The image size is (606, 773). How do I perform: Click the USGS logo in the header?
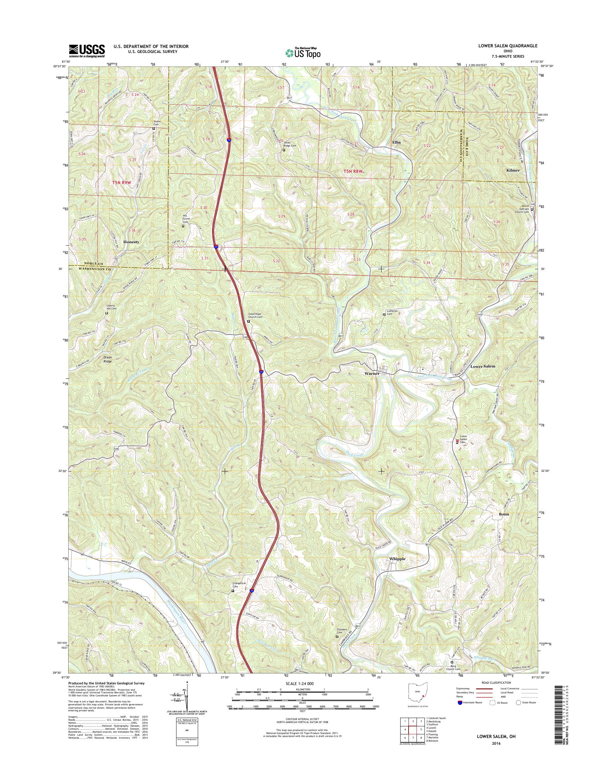[87, 51]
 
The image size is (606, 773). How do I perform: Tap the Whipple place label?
[397, 558]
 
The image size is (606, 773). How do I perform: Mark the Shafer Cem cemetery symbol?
[153, 128]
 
